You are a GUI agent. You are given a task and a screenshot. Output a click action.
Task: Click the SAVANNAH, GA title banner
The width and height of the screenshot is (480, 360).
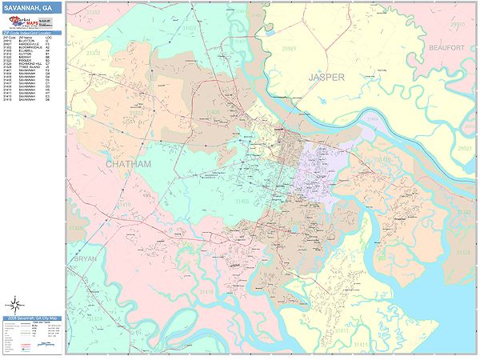(32, 9)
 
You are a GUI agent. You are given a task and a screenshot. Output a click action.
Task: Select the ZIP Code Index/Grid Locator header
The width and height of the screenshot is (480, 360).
(32, 33)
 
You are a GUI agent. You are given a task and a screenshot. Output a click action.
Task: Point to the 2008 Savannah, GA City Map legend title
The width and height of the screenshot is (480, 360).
(32, 318)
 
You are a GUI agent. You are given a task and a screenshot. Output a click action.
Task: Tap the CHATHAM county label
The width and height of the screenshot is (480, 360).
(128, 163)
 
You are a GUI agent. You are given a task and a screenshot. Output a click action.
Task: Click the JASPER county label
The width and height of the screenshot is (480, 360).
(327, 78)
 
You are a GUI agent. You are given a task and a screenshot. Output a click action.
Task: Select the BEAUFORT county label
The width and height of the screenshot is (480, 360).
(446, 49)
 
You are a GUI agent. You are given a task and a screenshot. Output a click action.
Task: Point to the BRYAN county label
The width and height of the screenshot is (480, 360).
(85, 259)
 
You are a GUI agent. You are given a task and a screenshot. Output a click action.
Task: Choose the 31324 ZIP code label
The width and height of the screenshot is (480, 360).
(94, 318)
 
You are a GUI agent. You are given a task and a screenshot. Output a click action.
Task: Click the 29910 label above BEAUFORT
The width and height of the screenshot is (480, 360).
(456, 25)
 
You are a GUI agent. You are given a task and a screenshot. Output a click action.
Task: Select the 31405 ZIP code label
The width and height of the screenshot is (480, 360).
(240, 200)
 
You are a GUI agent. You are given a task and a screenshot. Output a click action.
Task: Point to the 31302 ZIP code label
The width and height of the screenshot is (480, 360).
(94, 53)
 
